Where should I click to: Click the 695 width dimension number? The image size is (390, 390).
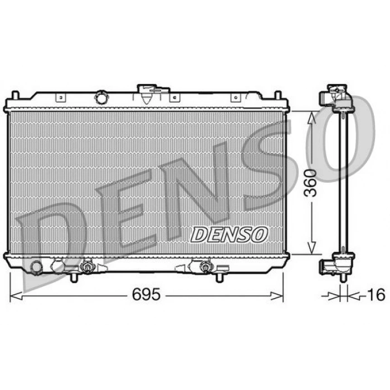point(146,295)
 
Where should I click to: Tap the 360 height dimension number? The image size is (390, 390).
point(311,183)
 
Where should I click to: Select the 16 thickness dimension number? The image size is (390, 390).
point(376,295)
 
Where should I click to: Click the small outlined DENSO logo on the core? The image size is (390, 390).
point(229,235)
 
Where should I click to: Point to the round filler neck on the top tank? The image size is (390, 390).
point(101,97)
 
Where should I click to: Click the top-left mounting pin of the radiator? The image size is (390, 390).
point(16,95)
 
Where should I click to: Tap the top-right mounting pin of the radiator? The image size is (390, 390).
point(278,95)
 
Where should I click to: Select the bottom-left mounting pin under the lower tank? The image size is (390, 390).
point(74,277)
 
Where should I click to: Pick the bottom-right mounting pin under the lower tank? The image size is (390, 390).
point(218,277)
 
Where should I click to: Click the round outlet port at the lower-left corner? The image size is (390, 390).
point(36,267)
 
